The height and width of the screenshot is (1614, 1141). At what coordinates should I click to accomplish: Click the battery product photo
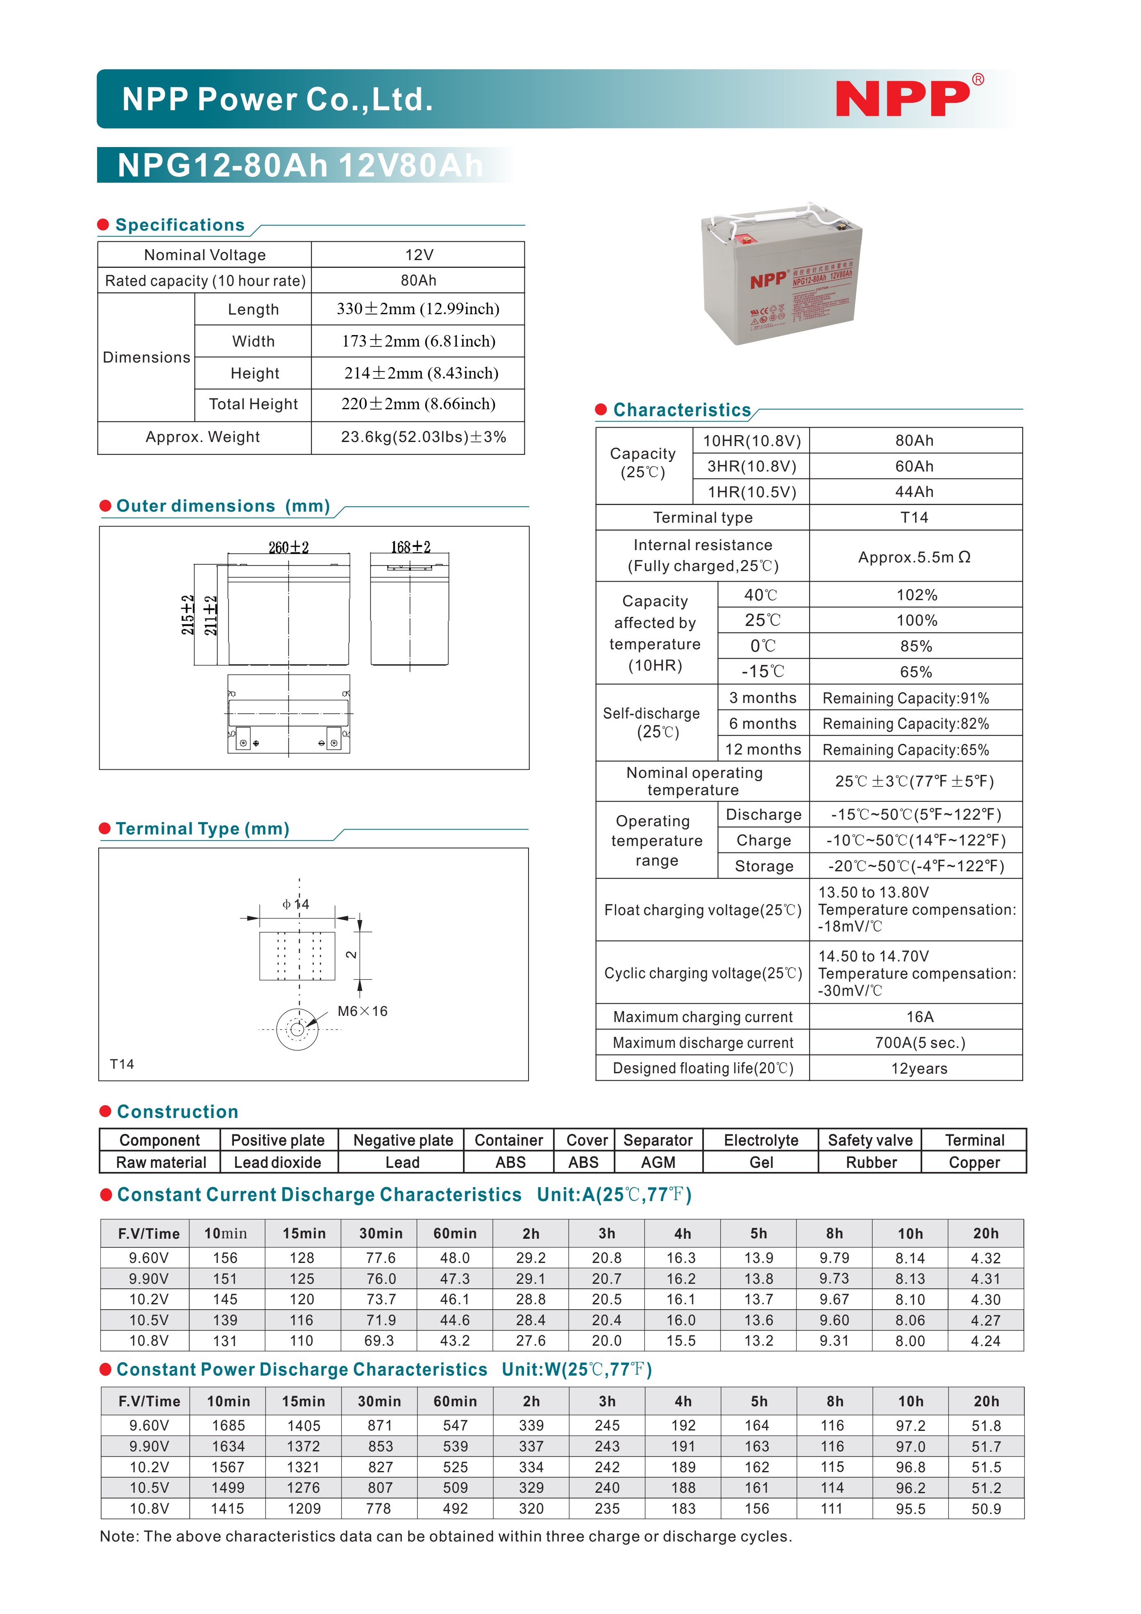click(x=782, y=274)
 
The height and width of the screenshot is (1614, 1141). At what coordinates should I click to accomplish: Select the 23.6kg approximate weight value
click(x=423, y=437)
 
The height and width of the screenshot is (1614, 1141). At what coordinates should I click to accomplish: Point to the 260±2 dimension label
click(x=288, y=547)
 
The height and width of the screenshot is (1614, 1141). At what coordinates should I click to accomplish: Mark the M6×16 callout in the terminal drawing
click(x=362, y=1011)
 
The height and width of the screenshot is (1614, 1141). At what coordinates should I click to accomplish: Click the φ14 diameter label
click(x=296, y=904)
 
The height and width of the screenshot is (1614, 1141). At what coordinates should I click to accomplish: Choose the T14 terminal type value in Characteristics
click(x=914, y=517)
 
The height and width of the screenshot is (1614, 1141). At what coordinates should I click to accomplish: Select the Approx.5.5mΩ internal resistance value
click(x=914, y=557)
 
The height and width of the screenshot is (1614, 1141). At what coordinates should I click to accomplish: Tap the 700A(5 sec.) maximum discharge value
click(x=919, y=1043)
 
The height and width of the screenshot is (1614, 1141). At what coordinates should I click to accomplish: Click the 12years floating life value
click(x=919, y=1068)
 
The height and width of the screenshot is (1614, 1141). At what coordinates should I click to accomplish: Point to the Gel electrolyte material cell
click(x=761, y=1163)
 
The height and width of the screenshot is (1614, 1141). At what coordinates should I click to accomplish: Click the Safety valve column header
click(x=870, y=1140)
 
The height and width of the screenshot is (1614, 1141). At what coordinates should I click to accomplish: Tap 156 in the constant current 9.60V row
click(x=225, y=1258)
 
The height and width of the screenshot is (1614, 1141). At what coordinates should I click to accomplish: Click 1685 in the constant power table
click(x=229, y=1426)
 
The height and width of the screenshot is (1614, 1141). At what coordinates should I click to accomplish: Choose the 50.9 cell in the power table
click(x=986, y=1509)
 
